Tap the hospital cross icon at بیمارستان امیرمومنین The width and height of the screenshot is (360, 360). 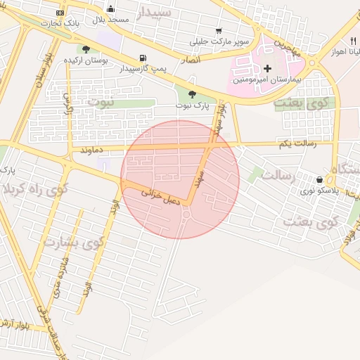pos(267,68)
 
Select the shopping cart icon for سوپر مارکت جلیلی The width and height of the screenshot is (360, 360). pos(219,31)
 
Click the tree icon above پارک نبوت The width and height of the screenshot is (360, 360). pos(193,95)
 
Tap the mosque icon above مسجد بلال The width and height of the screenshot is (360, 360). pos(110,8)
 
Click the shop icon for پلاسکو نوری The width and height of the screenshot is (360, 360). pos(320,179)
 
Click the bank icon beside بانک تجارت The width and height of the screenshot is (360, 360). pos(60,12)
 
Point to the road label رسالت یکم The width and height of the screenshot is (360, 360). pos(297,143)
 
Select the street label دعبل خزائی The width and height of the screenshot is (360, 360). pos(161,195)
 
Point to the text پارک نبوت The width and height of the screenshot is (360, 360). pos(193,105)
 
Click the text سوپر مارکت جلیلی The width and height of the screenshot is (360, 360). pos(223,41)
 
